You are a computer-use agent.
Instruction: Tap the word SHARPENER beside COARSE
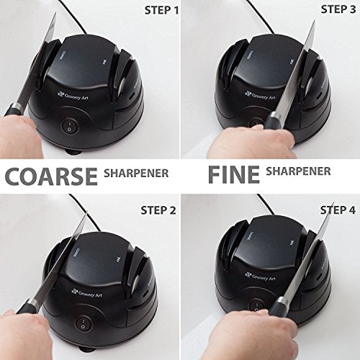tap(137, 174)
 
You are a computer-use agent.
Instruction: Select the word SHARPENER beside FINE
tap(298, 172)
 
